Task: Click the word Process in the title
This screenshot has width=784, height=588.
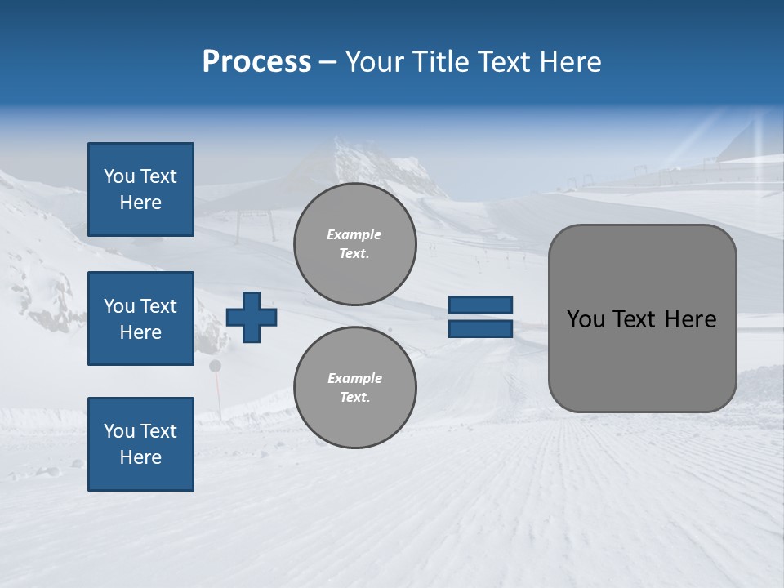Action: [256, 62]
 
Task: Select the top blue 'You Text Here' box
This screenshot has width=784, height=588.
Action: [140, 189]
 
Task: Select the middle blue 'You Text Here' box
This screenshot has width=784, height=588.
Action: [140, 318]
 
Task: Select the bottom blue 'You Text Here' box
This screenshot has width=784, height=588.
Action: [140, 443]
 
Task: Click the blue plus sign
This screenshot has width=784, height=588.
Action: [252, 317]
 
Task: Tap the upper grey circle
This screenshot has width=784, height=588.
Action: [354, 244]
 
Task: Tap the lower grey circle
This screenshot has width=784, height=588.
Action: [354, 388]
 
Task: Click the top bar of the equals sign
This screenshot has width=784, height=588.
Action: [481, 305]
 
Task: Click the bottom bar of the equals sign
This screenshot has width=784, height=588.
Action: [481, 328]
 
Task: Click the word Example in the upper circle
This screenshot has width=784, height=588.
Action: [354, 234]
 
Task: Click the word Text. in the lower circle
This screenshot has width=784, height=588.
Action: [354, 398]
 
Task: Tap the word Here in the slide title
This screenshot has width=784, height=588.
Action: [571, 62]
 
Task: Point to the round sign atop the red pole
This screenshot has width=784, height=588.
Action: [216, 366]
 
